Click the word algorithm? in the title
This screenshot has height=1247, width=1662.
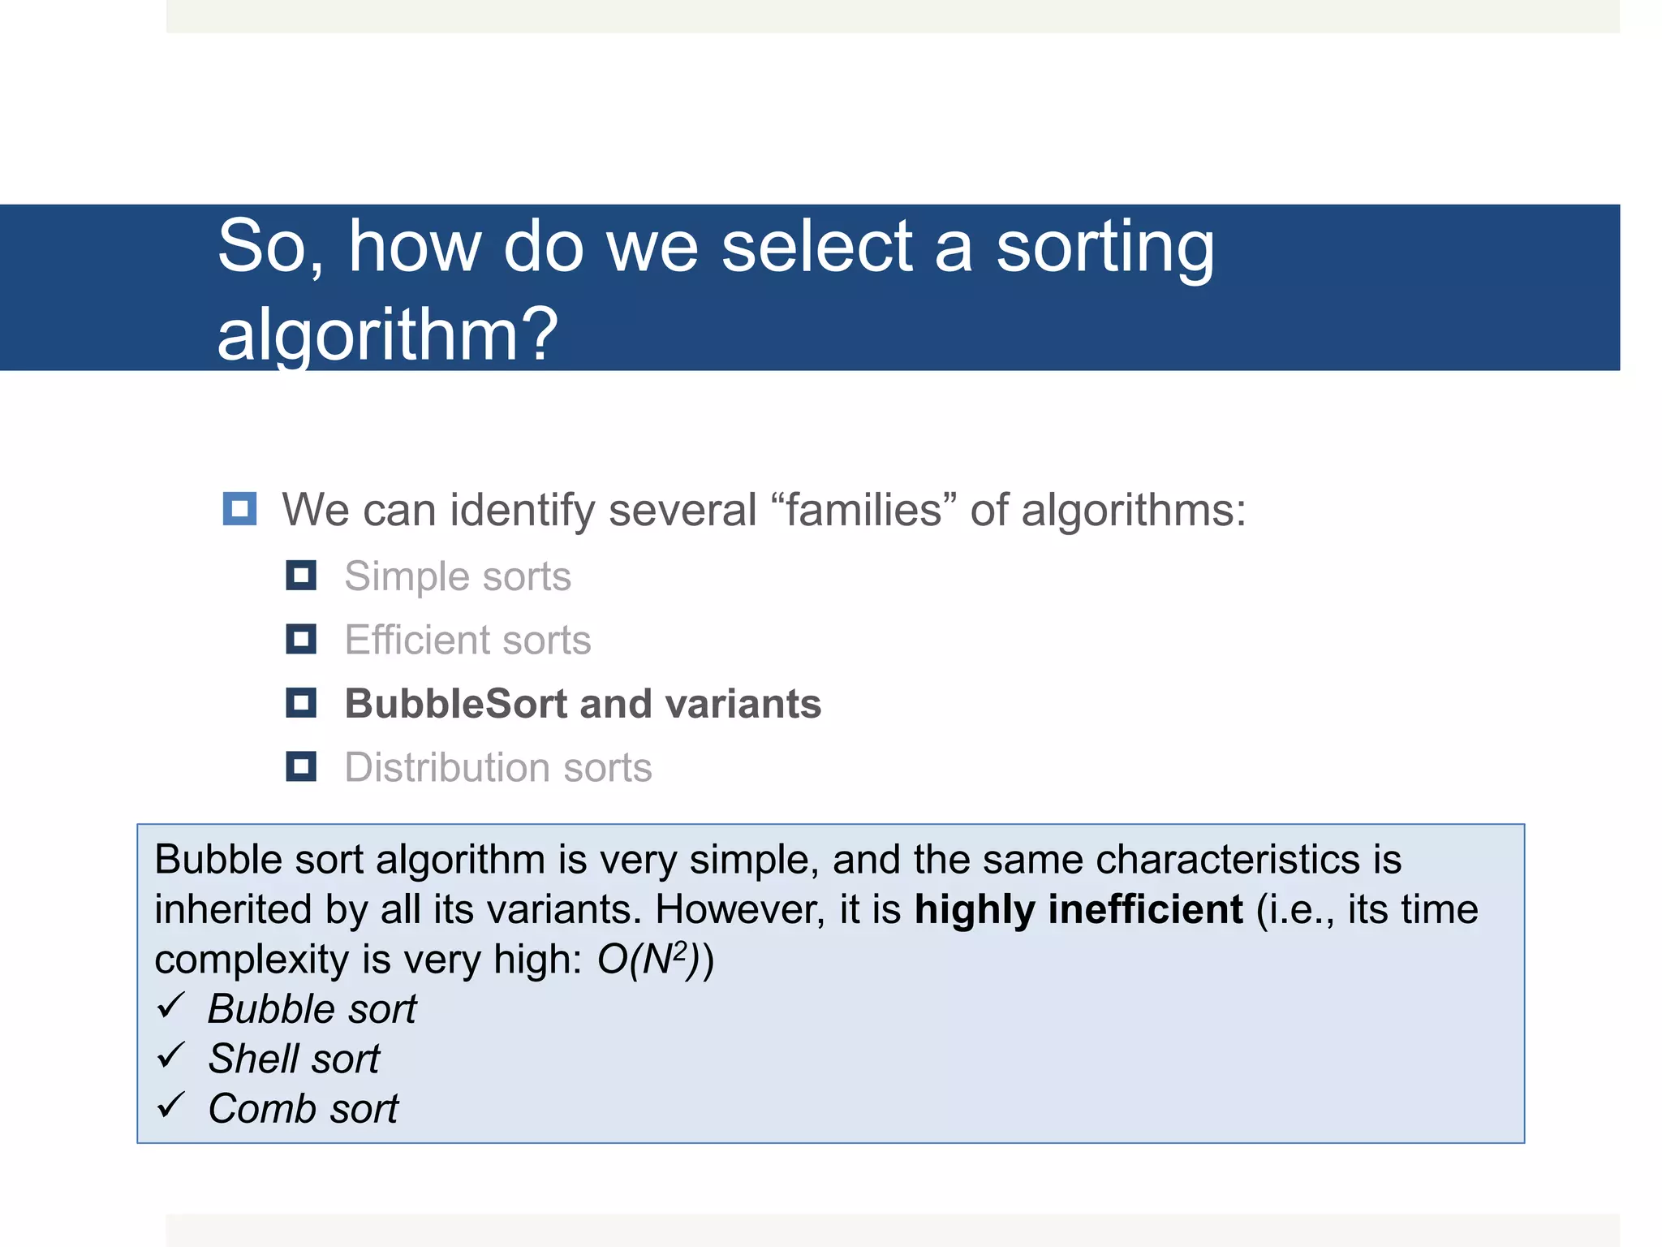click(x=387, y=334)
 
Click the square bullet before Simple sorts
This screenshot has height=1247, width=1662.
click(x=301, y=576)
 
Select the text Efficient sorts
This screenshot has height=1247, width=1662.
click(x=467, y=640)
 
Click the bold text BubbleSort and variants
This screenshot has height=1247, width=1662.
click(x=582, y=703)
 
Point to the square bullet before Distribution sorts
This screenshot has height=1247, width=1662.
click(x=301, y=766)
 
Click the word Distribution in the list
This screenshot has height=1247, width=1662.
click(x=447, y=767)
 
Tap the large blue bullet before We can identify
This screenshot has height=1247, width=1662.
click(x=240, y=509)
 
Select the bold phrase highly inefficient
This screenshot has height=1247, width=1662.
click(x=1078, y=909)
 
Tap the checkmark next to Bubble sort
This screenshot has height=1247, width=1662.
click(x=171, y=1007)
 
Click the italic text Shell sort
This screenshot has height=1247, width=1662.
click(x=294, y=1059)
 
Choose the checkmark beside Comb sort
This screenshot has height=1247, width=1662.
click(x=171, y=1106)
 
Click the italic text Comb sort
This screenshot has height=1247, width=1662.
click(x=303, y=1109)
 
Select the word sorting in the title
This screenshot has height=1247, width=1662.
click(x=1105, y=248)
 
